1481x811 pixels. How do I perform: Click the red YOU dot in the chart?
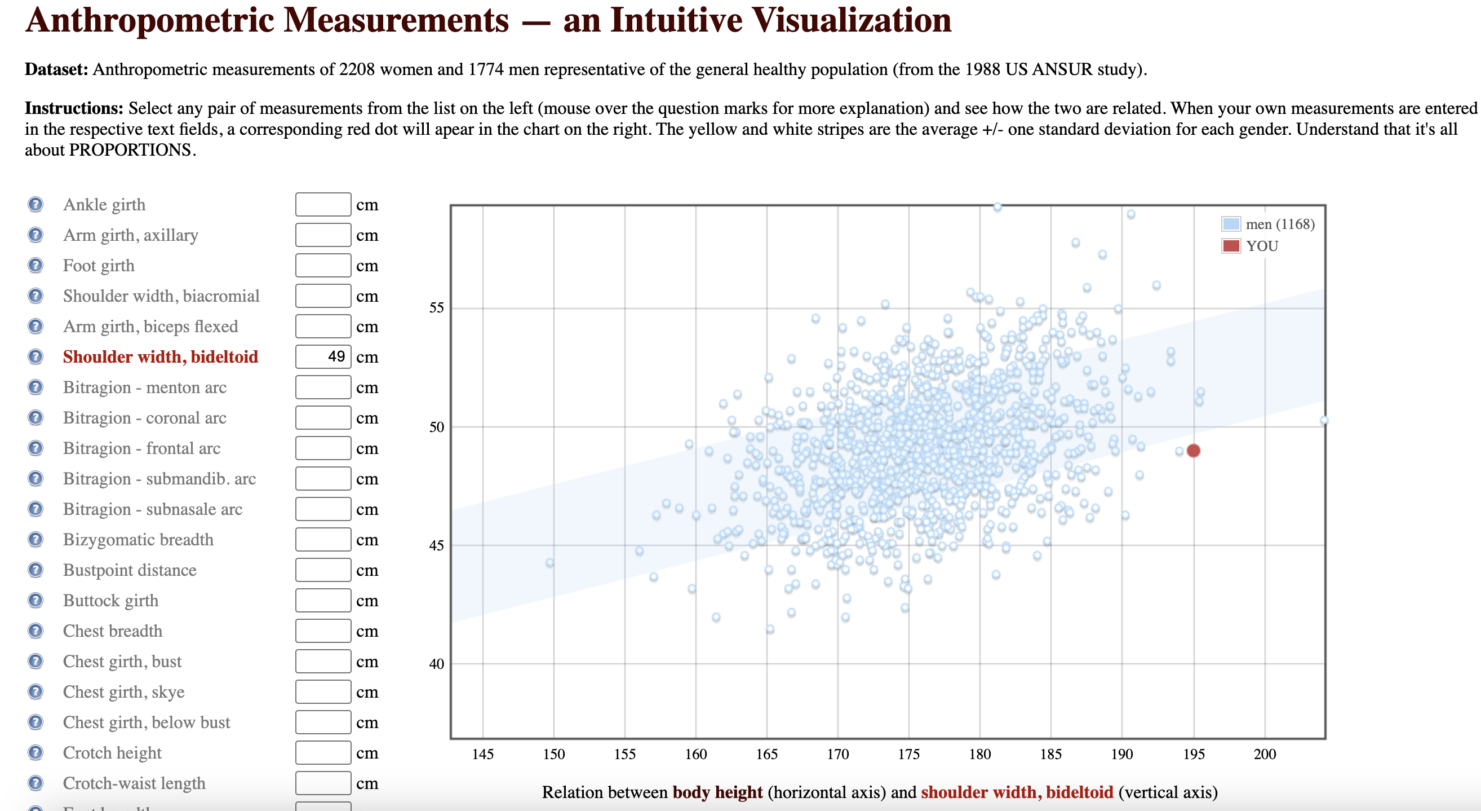pyautogui.click(x=1193, y=451)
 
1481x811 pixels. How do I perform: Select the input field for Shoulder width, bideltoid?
pyautogui.click(x=322, y=356)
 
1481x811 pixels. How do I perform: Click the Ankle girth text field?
pyautogui.click(x=322, y=205)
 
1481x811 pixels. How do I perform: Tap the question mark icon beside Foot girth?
pyautogui.click(x=36, y=266)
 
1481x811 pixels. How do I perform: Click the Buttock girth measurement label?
pyautogui.click(x=110, y=601)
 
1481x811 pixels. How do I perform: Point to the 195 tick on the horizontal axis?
pyautogui.click(x=1194, y=754)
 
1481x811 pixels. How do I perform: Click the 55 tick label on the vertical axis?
pyautogui.click(x=436, y=308)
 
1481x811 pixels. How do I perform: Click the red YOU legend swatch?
pyautogui.click(x=1231, y=246)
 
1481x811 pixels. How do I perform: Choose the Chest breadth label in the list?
pyautogui.click(x=113, y=631)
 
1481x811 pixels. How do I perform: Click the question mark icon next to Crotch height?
pyautogui.click(x=36, y=753)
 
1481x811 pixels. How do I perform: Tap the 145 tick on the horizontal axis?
pyautogui.click(x=482, y=754)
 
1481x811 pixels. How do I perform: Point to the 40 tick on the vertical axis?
pyautogui.click(x=436, y=664)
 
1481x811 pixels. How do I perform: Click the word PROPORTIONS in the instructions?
pyautogui.click(x=130, y=150)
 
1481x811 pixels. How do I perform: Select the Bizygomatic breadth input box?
pyautogui.click(x=322, y=540)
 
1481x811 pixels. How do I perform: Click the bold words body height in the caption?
pyautogui.click(x=717, y=792)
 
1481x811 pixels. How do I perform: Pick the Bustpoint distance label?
pyautogui.click(x=130, y=570)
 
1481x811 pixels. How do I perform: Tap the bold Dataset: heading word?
pyautogui.click(x=56, y=69)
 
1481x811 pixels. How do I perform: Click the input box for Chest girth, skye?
pyautogui.click(x=322, y=692)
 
